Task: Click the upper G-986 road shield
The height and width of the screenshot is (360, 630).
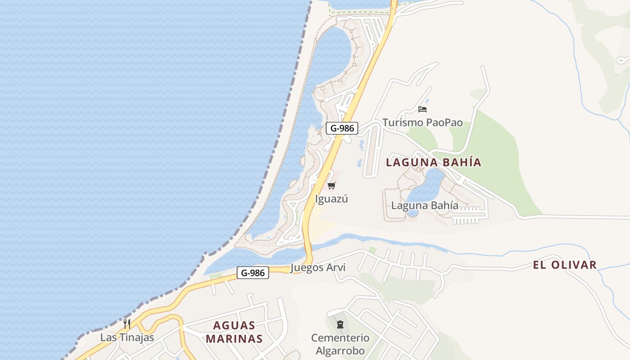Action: (x=342, y=128)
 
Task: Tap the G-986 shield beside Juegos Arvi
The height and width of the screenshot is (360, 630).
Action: (x=253, y=273)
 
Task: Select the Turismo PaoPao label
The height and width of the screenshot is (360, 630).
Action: (x=423, y=122)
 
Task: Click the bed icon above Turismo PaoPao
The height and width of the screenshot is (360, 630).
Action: (x=422, y=109)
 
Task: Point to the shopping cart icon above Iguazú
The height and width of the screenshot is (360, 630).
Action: (x=332, y=185)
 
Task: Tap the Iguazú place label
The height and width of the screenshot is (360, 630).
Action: (x=332, y=199)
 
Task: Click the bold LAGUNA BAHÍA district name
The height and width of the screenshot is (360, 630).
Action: (x=434, y=162)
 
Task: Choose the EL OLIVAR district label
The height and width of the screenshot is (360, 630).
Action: (x=565, y=265)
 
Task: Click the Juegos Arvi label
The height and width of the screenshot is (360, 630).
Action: (x=318, y=268)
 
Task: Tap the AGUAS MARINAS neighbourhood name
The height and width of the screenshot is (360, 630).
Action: (x=234, y=332)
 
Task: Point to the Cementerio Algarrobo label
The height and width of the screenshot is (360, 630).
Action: (x=340, y=344)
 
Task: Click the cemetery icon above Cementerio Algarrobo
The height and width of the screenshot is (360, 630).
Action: (x=340, y=324)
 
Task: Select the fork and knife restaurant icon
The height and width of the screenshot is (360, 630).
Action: (x=127, y=324)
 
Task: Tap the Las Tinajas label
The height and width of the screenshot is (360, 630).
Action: (x=127, y=337)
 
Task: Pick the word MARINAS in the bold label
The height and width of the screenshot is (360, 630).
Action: (x=234, y=339)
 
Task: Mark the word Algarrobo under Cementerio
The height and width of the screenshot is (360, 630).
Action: (x=340, y=351)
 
